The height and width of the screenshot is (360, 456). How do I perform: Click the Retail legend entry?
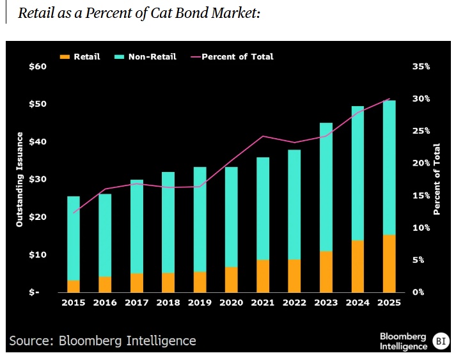point(81,56)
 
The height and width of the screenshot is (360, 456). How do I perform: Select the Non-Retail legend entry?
point(146,56)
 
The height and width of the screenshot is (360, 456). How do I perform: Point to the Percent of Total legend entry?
point(232,56)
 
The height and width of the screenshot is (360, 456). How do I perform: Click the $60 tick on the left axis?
point(39,67)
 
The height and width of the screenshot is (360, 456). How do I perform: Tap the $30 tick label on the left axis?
point(39,179)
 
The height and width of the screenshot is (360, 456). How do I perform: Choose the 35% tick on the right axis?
point(421,67)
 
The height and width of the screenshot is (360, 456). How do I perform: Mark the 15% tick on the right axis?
point(421,195)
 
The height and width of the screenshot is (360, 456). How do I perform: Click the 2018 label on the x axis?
point(168,302)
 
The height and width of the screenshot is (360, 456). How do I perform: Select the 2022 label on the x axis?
point(294,302)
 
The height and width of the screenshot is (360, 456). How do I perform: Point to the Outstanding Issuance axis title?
point(20,180)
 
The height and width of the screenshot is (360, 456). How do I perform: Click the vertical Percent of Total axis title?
point(437,180)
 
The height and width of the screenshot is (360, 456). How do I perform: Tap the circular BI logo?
point(441,341)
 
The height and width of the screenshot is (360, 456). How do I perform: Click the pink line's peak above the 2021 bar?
point(263,136)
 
